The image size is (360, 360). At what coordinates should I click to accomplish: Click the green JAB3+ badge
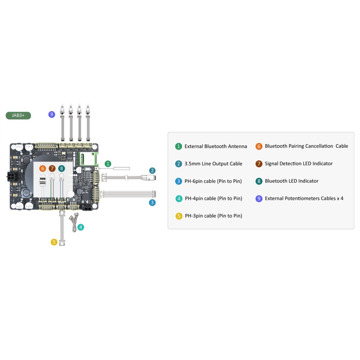tap(18, 115)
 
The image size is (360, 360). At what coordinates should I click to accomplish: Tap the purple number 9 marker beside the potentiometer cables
tap(52, 114)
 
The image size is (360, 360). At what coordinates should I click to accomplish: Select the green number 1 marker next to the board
tap(108, 164)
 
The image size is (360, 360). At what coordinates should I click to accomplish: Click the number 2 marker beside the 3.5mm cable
tap(152, 171)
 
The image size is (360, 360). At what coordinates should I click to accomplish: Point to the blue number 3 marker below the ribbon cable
tap(152, 202)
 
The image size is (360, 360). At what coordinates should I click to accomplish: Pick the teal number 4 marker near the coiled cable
tap(81, 227)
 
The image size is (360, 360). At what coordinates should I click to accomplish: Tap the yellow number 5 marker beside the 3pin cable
tap(54, 242)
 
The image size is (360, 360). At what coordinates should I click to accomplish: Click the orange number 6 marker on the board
tap(43, 168)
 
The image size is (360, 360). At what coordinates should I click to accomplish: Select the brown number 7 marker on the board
tap(52, 168)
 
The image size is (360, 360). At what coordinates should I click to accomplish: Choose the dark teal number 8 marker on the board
tap(62, 168)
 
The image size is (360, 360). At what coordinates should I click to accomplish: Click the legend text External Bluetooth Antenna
tap(216, 147)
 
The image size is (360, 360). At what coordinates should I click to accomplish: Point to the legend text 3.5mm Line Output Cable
tap(213, 164)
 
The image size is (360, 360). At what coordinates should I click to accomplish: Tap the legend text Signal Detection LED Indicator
tap(299, 163)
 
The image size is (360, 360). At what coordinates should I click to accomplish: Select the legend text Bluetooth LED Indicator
tap(291, 181)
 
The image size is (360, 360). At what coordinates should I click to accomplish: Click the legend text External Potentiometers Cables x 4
tap(304, 198)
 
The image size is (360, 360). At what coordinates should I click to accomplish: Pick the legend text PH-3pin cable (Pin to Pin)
tap(213, 216)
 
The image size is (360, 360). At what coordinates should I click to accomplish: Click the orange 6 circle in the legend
tap(259, 146)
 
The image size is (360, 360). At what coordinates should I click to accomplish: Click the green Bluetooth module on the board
tap(88, 159)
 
